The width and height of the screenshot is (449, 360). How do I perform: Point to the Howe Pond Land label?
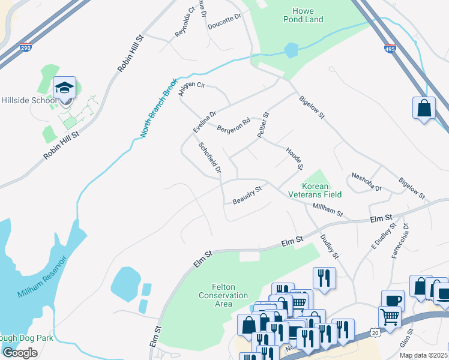click(307, 15)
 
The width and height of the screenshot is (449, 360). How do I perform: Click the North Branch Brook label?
click(158, 108)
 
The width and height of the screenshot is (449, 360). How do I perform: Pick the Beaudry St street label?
click(247, 195)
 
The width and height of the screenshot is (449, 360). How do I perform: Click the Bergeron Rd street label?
click(233, 127)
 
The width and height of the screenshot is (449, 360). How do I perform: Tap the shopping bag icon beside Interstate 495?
click(424, 109)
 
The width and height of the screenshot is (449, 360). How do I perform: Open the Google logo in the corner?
click(20, 352)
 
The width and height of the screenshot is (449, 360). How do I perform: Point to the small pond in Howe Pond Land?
click(291, 50)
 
